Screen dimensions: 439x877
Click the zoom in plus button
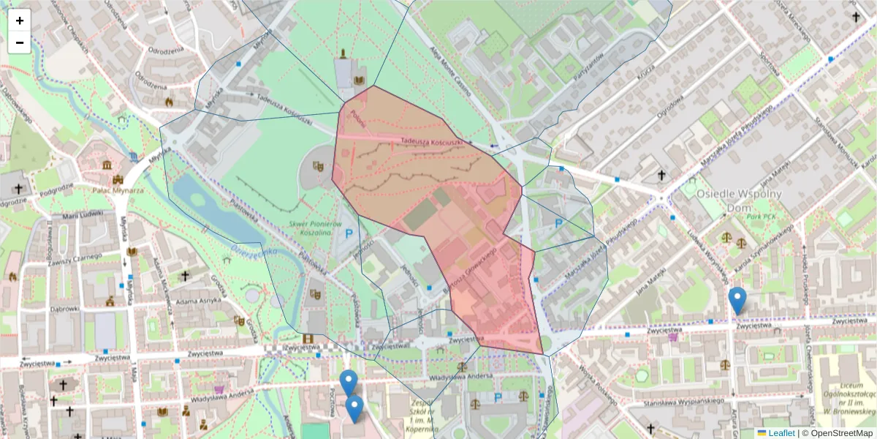pyautogui.click(x=20, y=20)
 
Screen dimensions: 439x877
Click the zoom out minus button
pyautogui.click(x=20, y=42)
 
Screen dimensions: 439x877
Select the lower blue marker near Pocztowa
pyautogui.click(x=354, y=408)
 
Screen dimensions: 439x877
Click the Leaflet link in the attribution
pyautogui.click(x=781, y=433)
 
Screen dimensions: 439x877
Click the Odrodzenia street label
pyautogui.click(x=165, y=51)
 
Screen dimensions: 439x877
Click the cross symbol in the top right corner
pyautogui.click(x=856, y=15)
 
